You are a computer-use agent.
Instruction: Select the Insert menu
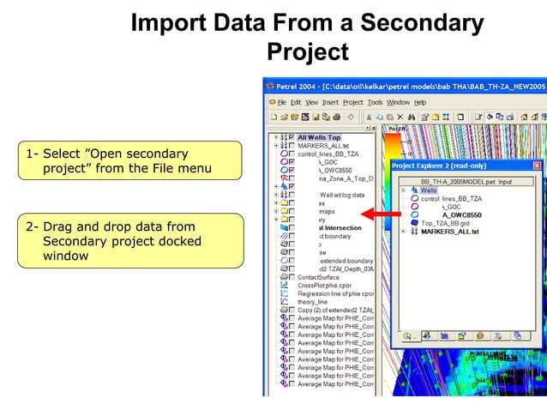pos(330,102)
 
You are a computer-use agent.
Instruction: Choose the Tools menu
pos(375,102)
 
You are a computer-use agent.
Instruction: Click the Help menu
pos(420,102)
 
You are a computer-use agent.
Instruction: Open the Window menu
pos(398,102)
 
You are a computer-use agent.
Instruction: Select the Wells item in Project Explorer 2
pos(429,190)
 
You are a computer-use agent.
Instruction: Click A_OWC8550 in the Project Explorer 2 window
pos(461,215)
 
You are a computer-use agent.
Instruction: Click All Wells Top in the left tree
pos(319,137)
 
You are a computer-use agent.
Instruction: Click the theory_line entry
pos(312,302)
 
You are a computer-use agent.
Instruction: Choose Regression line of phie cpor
pos(335,293)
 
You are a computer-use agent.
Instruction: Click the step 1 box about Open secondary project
pos(118,161)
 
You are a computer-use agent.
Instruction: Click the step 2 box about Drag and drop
pos(118,240)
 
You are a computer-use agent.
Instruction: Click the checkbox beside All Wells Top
pos(292,137)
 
